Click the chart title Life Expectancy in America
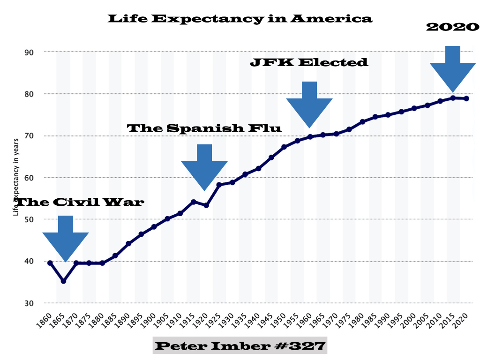[x=240, y=19]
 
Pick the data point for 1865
[x=63, y=281]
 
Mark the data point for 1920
[x=206, y=205]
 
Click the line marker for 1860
[x=50, y=263]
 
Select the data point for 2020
[x=466, y=98]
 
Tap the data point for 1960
[x=310, y=137]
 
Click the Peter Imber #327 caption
[x=240, y=346]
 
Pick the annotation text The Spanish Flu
[x=204, y=128]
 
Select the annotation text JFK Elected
[x=309, y=62]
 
